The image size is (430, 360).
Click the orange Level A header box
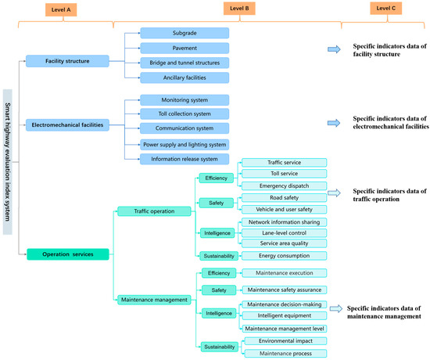pos(61,10)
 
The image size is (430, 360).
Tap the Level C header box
pos(386,9)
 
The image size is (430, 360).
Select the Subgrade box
pos(185,33)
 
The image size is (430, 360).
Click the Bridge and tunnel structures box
pos(185,63)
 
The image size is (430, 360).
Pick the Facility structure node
pos(67,61)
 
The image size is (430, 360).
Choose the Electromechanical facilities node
pos(67,125)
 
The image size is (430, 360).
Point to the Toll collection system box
pos(185,114)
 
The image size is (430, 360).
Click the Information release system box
pos(185,159)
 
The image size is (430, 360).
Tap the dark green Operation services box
pos(68,254)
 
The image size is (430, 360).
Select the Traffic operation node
pos(154,211)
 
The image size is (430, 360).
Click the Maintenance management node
pos(154,300)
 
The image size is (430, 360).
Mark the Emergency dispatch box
pos(284,186)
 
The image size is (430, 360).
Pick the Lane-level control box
pos(284,233)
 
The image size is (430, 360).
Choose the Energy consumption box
pos(284,256)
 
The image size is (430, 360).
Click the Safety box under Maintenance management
pos(219,290)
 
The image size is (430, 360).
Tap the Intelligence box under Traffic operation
pos(217,233)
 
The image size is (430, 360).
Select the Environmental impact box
pos(285,340)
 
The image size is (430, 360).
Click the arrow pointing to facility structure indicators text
pos(334,49)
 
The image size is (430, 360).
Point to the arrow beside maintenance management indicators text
pos(336,308)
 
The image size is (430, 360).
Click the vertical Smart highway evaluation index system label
pos(8,162)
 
